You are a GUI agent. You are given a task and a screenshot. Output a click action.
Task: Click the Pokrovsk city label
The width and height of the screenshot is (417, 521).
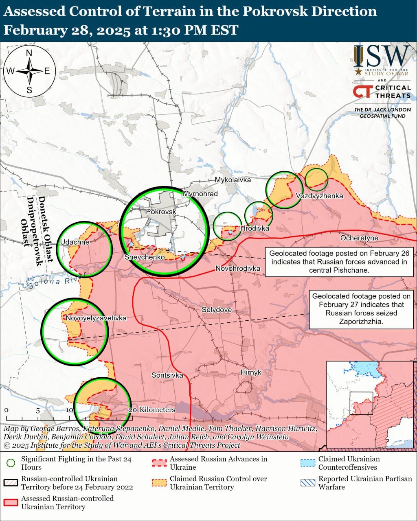(x=161, y=212)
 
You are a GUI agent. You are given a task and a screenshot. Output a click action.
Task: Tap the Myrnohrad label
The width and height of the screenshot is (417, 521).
(x=200, y=194)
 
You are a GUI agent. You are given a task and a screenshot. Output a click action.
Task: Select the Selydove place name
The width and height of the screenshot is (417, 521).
(x=217, y=310)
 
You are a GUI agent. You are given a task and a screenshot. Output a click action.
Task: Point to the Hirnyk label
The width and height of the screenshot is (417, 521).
(x=251, y=372)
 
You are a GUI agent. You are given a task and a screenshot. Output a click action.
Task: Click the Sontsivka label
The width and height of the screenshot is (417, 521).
(x=167, y=375)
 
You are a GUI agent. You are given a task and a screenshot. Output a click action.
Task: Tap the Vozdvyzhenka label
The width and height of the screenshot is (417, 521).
(x=319, y=196)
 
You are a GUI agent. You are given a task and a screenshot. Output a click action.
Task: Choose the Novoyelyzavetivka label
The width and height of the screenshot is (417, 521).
(x=96, y=318)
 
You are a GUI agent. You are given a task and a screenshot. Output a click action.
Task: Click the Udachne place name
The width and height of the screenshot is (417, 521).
(x=75, y=242)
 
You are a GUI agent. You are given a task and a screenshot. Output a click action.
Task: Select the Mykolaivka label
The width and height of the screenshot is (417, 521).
(x=233, y=180)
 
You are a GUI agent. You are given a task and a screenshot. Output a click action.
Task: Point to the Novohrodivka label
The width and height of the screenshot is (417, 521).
(x=238, y=268)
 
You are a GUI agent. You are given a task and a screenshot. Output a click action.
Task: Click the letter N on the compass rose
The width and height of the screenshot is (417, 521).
(x=29, y=53)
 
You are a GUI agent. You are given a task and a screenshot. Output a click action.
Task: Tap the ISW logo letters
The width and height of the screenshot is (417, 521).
(x=382, y=57)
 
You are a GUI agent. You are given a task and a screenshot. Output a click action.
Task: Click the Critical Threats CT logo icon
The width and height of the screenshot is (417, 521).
(x=362, y=91)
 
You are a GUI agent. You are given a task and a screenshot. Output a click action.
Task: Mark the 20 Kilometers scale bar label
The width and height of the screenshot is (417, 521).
(x=152, y=410)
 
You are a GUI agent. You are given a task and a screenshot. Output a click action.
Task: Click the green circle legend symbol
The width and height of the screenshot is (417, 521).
(x=11, y=463)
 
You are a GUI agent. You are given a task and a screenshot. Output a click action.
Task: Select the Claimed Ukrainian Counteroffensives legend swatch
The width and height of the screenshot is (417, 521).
(x=307, y=463)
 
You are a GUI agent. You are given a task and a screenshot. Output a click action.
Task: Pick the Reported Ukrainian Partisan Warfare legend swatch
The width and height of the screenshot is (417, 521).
(x=307, y=483)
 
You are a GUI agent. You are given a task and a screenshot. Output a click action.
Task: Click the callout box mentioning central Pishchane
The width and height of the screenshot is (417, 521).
(x=339, y=262)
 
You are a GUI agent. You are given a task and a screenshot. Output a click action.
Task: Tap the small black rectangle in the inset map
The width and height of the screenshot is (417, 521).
(x=361, y=403)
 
